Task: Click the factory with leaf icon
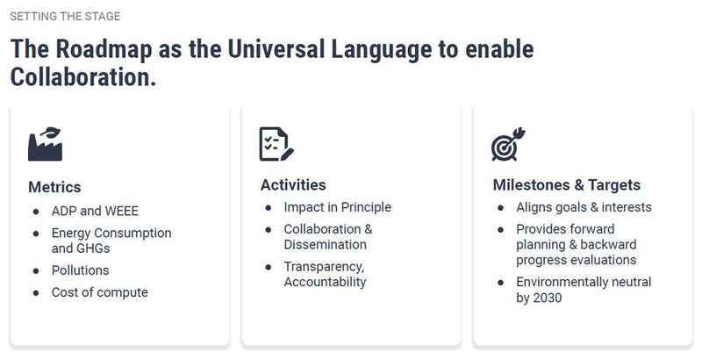pyautogui.click(x=46, y=144)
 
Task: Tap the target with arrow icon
pyautogui.click(x=508, y=145)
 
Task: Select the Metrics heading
pyautogui.click(x=54, y=187)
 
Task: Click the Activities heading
pyautogui.click(x=293, y=185)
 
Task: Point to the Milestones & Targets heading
pyautogui.click(x=566, y=185)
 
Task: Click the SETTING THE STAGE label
pyautogui.click(x=65, y=17)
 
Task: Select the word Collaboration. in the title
pyautogui.click(x=83, y=77)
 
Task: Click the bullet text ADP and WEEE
pyautogui.click(x=95, y=211)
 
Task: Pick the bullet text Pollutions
pyautogui.click(x=81, y=270)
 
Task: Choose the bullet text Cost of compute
pyautogui.click(x=100, y=292)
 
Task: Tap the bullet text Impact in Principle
pyautogui.click(x=337, y=207)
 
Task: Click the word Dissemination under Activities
pyautogui.click(x=325, y=244)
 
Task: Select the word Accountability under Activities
pyautogui.click(x=325, y=282)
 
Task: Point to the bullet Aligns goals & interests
pyautogui.click(x=584, y=207)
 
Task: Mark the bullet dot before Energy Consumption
pyautogui.click(x=36, y=234)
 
